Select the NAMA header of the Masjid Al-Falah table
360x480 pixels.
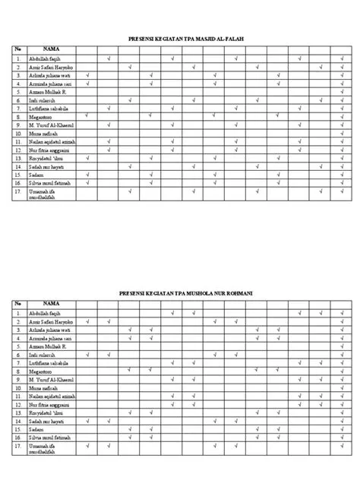click(x=51, y=49)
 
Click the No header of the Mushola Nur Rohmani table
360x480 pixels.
click(x=18, y=304)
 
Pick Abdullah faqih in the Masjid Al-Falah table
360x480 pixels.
click(x=43, y=58)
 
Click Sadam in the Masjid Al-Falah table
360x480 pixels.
click(x=36, y=175)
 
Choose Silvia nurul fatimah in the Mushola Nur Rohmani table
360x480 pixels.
click(x=51, y=438)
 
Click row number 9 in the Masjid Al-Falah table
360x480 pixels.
click(x=18, y=125)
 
